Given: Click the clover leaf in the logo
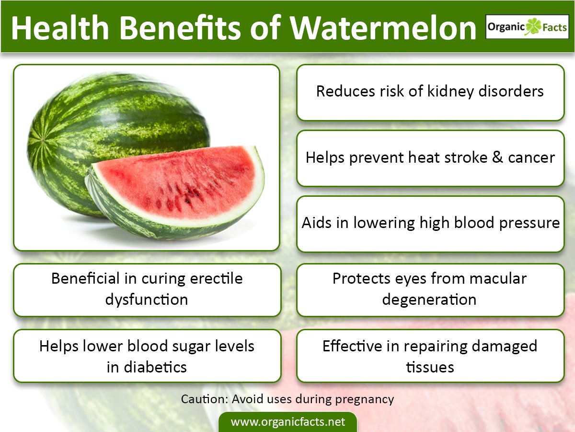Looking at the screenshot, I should click(x=533, y=27).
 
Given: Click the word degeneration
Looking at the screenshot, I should click(x=429, y=300).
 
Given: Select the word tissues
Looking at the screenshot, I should click(x=430, y=367).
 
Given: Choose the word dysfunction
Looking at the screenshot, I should click(x=146, y=300).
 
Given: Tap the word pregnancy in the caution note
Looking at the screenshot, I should click(x=365, y=399).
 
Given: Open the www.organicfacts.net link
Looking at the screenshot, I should click(x=287, y=422).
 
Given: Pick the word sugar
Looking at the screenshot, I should click(x=175, y=346).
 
